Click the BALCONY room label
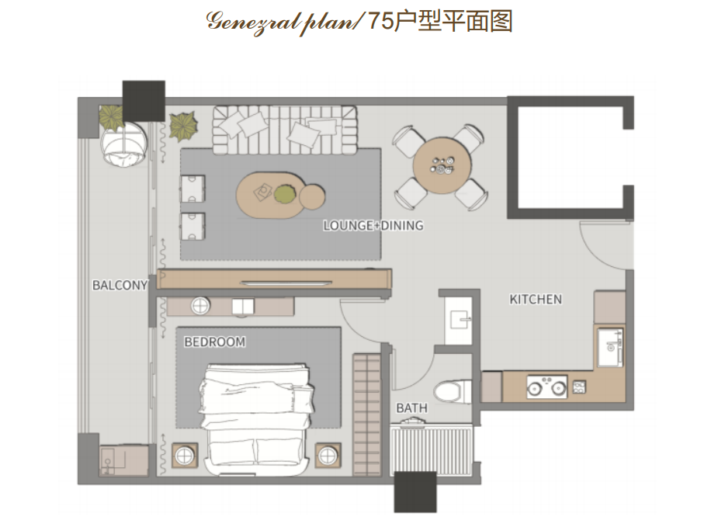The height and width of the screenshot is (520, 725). click(120, 285)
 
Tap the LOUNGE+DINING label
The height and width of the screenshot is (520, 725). click(373, 226)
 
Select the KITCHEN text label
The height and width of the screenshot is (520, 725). click(536, 300)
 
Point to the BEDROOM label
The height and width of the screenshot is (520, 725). click(214, 342)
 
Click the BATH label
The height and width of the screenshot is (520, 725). click(411, 408)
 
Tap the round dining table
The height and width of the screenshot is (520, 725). click(442, 165)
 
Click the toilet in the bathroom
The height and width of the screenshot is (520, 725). click(453, 391)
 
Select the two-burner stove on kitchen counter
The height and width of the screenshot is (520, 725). click(547, 387)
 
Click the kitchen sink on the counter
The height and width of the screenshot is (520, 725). click(610, 347)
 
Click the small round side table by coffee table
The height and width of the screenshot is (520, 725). click(312, 196)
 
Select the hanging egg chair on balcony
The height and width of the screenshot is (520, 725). click(124, 144)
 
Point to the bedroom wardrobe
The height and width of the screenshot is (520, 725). click(366, 414)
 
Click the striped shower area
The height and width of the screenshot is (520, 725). click(432, 449)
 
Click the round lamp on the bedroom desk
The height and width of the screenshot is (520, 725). click(201, 306)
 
